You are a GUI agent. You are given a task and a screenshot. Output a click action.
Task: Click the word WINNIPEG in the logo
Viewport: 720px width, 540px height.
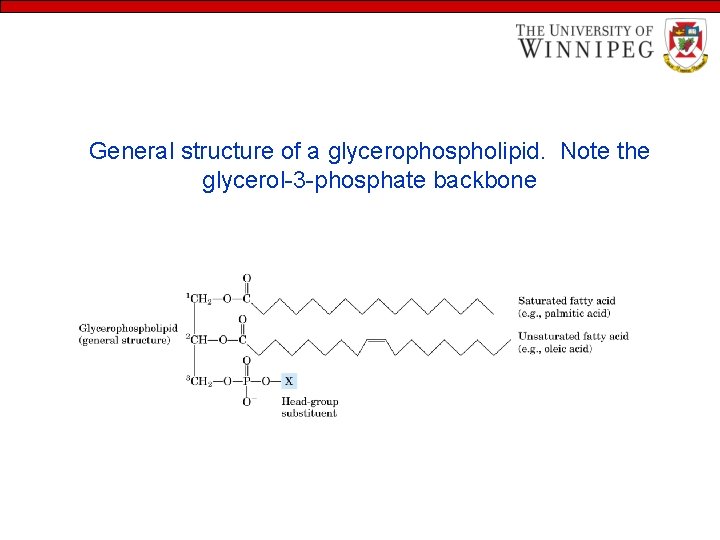click(585, 48)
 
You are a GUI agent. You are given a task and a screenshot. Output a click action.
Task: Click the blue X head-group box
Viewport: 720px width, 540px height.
click(289, 381)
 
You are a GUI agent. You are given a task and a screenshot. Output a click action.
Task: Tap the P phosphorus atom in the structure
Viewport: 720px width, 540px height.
click(246, 381)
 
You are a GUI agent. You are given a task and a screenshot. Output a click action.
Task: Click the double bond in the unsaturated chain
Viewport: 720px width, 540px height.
click(376, 340)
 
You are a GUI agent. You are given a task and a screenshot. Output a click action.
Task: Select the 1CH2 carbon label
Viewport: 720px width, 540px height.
click(198, 298)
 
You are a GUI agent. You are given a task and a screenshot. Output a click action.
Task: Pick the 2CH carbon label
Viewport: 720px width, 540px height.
click(197, 339)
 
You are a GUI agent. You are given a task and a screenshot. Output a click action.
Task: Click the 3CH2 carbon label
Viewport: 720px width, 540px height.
click(198, 381)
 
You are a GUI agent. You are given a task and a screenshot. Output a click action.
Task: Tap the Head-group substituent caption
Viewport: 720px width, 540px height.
click(309, 407)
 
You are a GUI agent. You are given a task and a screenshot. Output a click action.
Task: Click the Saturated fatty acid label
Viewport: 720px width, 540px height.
click(566, 301)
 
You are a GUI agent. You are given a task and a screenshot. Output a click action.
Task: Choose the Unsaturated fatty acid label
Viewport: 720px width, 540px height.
click(573, 336)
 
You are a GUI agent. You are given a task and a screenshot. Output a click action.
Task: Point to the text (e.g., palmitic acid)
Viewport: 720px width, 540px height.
click(564, 314)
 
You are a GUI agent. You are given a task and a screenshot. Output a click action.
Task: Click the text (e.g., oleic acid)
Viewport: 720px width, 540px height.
click(555, 349)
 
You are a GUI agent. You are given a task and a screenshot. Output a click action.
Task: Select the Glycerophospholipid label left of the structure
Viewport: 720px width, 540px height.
click(128, 328)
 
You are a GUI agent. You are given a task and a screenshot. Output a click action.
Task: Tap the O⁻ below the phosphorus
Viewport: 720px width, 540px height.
click(247, 401)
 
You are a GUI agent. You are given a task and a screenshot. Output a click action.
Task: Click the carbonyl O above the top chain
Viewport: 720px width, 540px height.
click(246, 278)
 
